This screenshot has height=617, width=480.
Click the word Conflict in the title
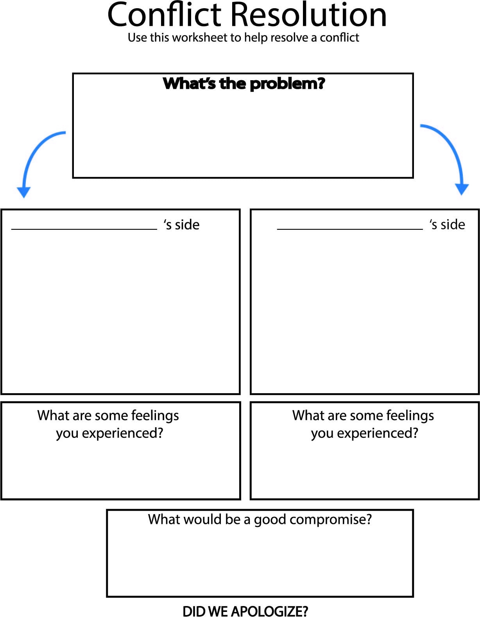coord(165,15)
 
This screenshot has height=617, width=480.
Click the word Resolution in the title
coord(308,15)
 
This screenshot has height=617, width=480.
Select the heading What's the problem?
coord(244,83)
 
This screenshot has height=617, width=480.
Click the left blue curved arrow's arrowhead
coord(24,192)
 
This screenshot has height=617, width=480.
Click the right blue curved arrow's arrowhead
coord(462,189)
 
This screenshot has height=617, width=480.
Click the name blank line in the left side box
coord(84,228)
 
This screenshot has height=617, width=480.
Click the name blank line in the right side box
coord(349,228)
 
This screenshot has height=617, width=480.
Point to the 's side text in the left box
coord(182,225)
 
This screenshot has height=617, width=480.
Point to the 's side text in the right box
coord(447,225)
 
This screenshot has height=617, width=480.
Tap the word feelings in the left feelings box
coord(155,416)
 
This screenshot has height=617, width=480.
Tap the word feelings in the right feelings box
coord(410,416)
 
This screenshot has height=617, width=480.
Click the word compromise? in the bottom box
coord(331,520)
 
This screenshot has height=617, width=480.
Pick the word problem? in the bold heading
coord(287,84)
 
